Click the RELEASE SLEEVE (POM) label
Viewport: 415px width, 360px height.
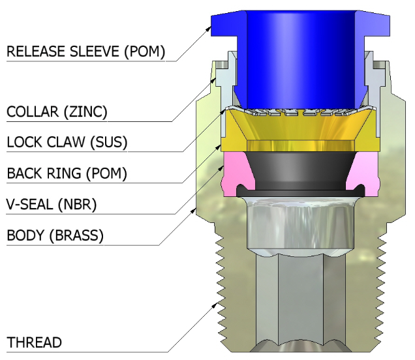pos(85,51)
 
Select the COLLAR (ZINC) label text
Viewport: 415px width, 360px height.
pos(57,112)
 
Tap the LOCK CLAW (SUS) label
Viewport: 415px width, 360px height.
pos(66,142)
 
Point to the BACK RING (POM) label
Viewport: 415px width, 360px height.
pos(67,173)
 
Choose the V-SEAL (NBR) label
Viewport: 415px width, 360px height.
pos(52,205)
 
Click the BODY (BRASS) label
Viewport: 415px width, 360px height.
pos(55,235)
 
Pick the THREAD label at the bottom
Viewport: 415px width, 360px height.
pos(34,342)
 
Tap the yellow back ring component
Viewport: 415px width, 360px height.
pos(300,134)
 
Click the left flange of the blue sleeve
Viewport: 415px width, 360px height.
pos(225,23)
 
